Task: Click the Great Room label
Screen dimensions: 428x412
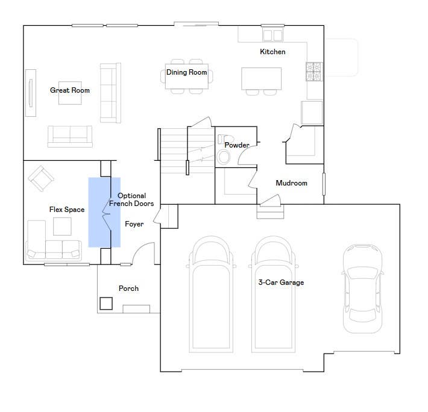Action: coord(70,90)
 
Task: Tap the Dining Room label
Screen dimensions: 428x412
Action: coord(187,72)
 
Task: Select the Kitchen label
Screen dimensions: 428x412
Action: coord(272,52)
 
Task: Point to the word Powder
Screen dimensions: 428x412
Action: coord(237,145)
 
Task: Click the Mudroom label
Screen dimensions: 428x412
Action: coord(292,183)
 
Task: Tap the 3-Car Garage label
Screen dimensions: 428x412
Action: coord(281,282)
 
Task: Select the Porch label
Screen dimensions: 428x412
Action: coord(128,289)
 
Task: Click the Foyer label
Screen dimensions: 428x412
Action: coord(134,224)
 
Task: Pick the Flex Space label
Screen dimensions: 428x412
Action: coord(67,210)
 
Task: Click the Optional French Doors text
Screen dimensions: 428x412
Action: coord(131,199)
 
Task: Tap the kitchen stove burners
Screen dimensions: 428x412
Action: coord(314,72)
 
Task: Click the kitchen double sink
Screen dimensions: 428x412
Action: coord(272,35)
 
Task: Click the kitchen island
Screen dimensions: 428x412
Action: coord(261,78)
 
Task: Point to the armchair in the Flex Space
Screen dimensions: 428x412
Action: coord(41,179)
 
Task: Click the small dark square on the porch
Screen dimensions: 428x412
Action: coord(106,304)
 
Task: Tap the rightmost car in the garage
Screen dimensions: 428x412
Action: coord(363,289)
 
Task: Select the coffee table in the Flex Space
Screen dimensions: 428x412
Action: coord(62,226)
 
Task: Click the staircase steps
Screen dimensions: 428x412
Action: coord(187,151)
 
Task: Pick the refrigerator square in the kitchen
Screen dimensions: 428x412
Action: coord(312,113)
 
